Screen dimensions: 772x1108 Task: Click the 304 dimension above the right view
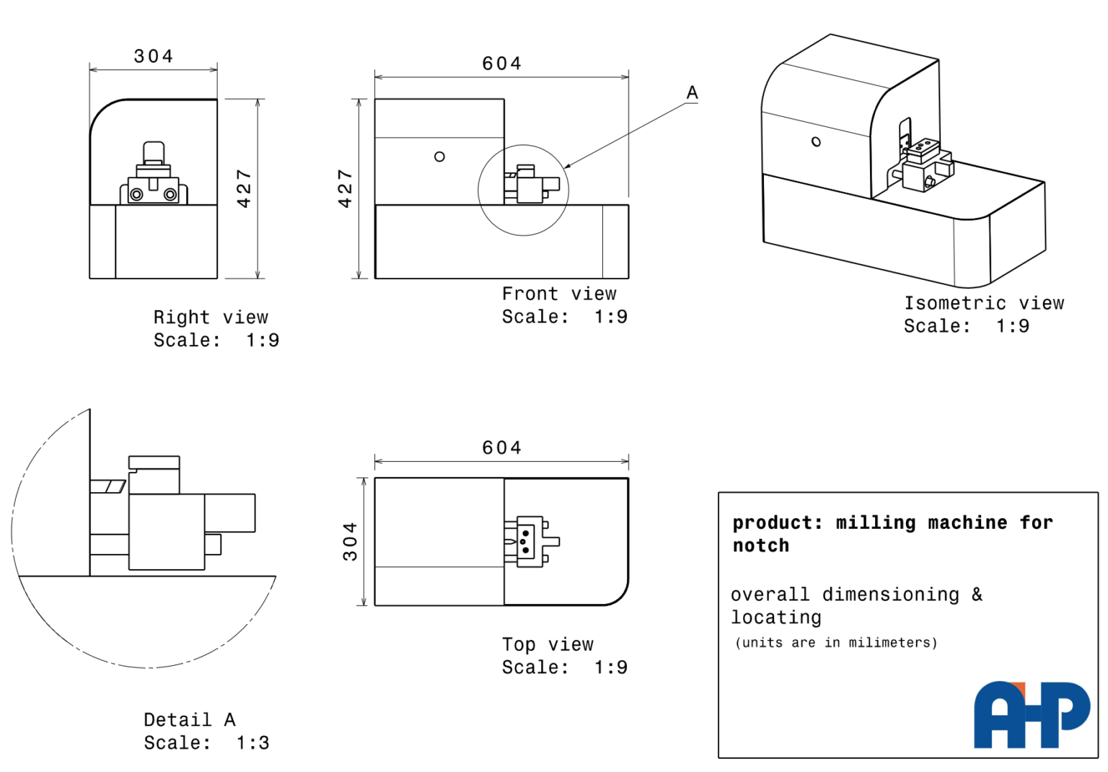[x=154, y=56]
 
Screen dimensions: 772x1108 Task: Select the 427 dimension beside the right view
[x=245, y=189]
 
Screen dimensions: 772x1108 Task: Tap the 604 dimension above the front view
[x=501, y=63]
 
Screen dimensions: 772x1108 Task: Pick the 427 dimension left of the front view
[x=346, y=189]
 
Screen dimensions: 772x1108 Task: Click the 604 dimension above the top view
[x=501, y=448]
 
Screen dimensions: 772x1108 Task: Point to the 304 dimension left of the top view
[x=350, y=542]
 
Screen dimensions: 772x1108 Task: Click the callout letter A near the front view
[x=692, y=92]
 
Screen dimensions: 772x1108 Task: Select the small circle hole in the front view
[x=439, y=157]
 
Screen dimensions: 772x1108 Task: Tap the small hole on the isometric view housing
[x=816, y=142]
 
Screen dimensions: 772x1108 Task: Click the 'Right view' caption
[x=211, y=317]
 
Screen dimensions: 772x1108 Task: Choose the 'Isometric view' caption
[x=984, y=303]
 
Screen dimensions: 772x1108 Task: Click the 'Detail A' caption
[x=190, y=719]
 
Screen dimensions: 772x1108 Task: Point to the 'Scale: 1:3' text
[x=206, y=742]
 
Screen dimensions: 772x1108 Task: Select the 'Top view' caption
[x=548, y=644]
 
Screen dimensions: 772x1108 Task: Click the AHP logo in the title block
[x=1032, y=715]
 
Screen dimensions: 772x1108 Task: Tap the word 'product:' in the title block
[x=778, y=522]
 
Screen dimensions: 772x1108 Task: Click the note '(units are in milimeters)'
[x=836, y=642]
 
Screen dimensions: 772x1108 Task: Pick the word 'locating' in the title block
[x=776, y=618]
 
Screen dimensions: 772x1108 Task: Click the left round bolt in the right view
[x=136, y=195]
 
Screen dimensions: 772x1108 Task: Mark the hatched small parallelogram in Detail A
[x=115, y=486]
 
